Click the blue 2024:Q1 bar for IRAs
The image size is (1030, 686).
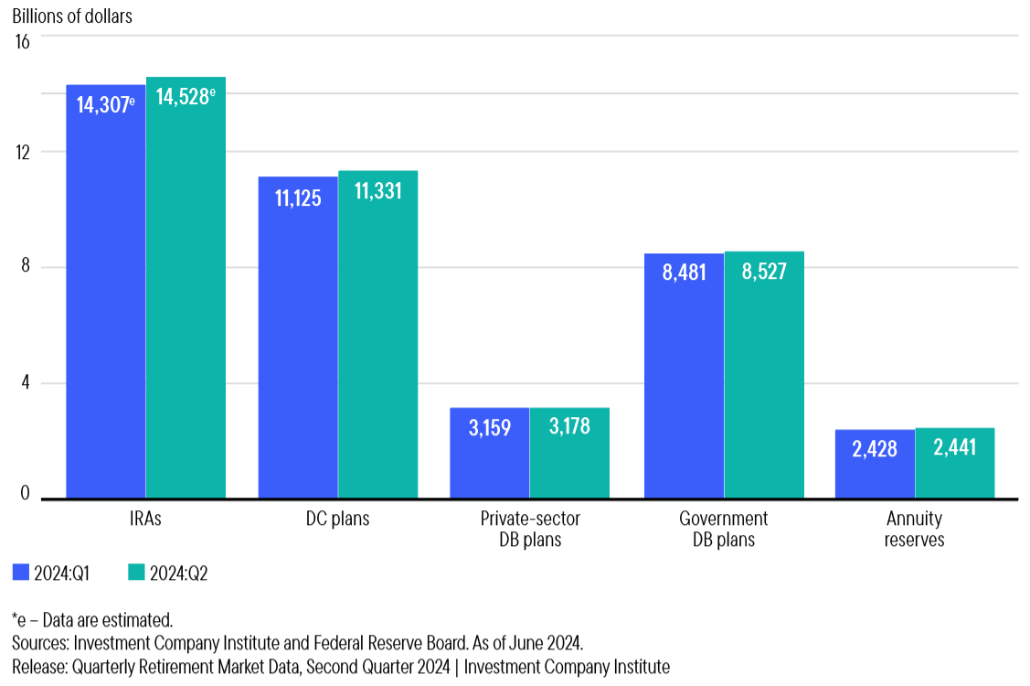tap(105, 293)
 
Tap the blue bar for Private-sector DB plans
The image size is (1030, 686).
tap(489, 454)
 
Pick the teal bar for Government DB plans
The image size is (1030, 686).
tap(764, 375)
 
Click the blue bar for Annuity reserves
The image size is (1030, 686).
tap(875, 465)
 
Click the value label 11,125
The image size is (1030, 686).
tap(298, 197)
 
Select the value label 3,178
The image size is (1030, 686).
tap(569, 427)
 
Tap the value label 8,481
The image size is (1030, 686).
tap(684, 273)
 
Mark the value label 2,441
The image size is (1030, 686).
tap(955, 448)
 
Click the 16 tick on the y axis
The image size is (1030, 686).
tap(22, 41)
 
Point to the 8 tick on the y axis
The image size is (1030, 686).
tap(26, 267)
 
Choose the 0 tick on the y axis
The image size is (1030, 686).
tap(26, 494)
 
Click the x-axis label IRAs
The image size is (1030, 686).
tap(145, 519)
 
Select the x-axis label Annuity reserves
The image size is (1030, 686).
tap(914, 529)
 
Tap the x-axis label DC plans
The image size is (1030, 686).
tap(337, 519)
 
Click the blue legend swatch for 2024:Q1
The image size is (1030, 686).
tap(21, 573)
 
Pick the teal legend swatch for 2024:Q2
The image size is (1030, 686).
tap(136, 573)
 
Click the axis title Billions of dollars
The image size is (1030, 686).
tap(72, 17)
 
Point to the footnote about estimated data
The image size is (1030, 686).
tap(92, 619)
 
